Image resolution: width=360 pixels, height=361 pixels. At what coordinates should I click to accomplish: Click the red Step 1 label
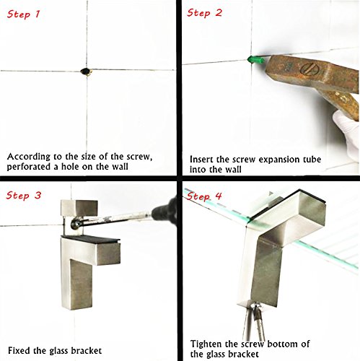click(x=23, y=14)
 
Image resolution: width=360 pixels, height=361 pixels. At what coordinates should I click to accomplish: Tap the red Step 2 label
click(x=204, y=13)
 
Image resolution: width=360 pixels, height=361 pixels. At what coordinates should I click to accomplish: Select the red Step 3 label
click(x=24, y=195)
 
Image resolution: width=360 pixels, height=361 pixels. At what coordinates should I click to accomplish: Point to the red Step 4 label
click(x=203, y=196)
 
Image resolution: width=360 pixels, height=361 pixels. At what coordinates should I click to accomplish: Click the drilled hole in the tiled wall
click(x=86, y=71)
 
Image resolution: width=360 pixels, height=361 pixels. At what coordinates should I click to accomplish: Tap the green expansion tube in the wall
click(x=256, y=60)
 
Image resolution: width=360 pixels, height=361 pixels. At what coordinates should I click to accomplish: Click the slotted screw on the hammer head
click(x=309, y=69)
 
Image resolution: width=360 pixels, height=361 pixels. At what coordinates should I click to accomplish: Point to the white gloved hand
click(x=346, y=136)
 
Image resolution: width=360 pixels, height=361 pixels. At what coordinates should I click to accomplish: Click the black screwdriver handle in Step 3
click(x=165, y=211)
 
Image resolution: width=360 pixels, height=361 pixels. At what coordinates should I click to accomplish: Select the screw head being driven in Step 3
click(x=76, y=223)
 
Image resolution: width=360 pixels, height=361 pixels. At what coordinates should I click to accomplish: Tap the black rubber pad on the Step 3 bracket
click(x=91, y=239)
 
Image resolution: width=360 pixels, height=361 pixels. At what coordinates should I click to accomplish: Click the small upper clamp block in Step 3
click(x=79, y=207)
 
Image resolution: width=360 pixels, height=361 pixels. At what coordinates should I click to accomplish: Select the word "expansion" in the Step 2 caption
click(x=278, y=160)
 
